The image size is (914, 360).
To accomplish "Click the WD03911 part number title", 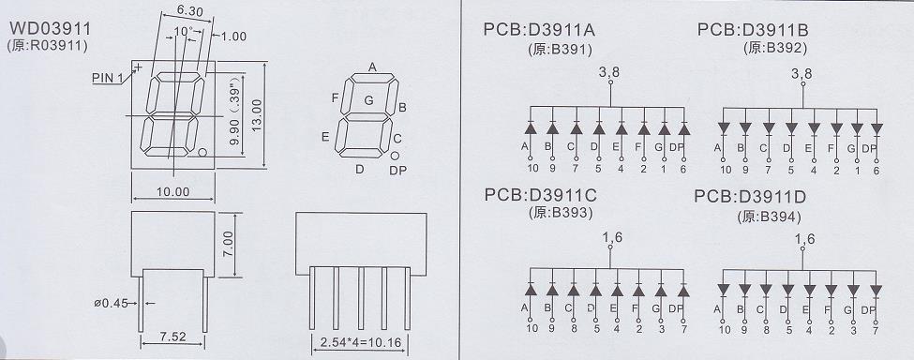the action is click(x=50, y=28).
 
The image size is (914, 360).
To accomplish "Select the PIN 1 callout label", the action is click(x=107, y=78).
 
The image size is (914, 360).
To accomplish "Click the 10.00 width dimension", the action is click(x=173, y=191).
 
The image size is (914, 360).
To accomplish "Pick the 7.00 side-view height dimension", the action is click(x=228, y=244).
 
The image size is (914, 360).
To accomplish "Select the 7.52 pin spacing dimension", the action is click(x=172, y=337).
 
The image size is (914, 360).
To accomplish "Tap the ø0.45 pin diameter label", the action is click(x=111, y=303).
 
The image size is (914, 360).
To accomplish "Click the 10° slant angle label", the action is click(x=183, y=31).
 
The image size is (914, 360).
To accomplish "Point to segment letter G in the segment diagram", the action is click(x=368, y=100).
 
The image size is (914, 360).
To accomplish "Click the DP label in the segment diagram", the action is click(x=398, y=170).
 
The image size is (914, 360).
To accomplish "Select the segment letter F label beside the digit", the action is click(x=336, y=97).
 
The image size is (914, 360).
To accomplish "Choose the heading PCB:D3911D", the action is click(x=750, y=197).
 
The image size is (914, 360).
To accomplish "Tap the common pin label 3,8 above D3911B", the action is click(x=802, y=73).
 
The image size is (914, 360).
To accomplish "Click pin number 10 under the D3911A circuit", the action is click(x=531, y=170).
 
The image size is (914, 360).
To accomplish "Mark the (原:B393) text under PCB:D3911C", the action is click(x=561, y=213).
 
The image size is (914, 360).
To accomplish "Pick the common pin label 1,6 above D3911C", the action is click(x=609, y=237).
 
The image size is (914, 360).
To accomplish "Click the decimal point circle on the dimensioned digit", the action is click(x=202, y=153).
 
